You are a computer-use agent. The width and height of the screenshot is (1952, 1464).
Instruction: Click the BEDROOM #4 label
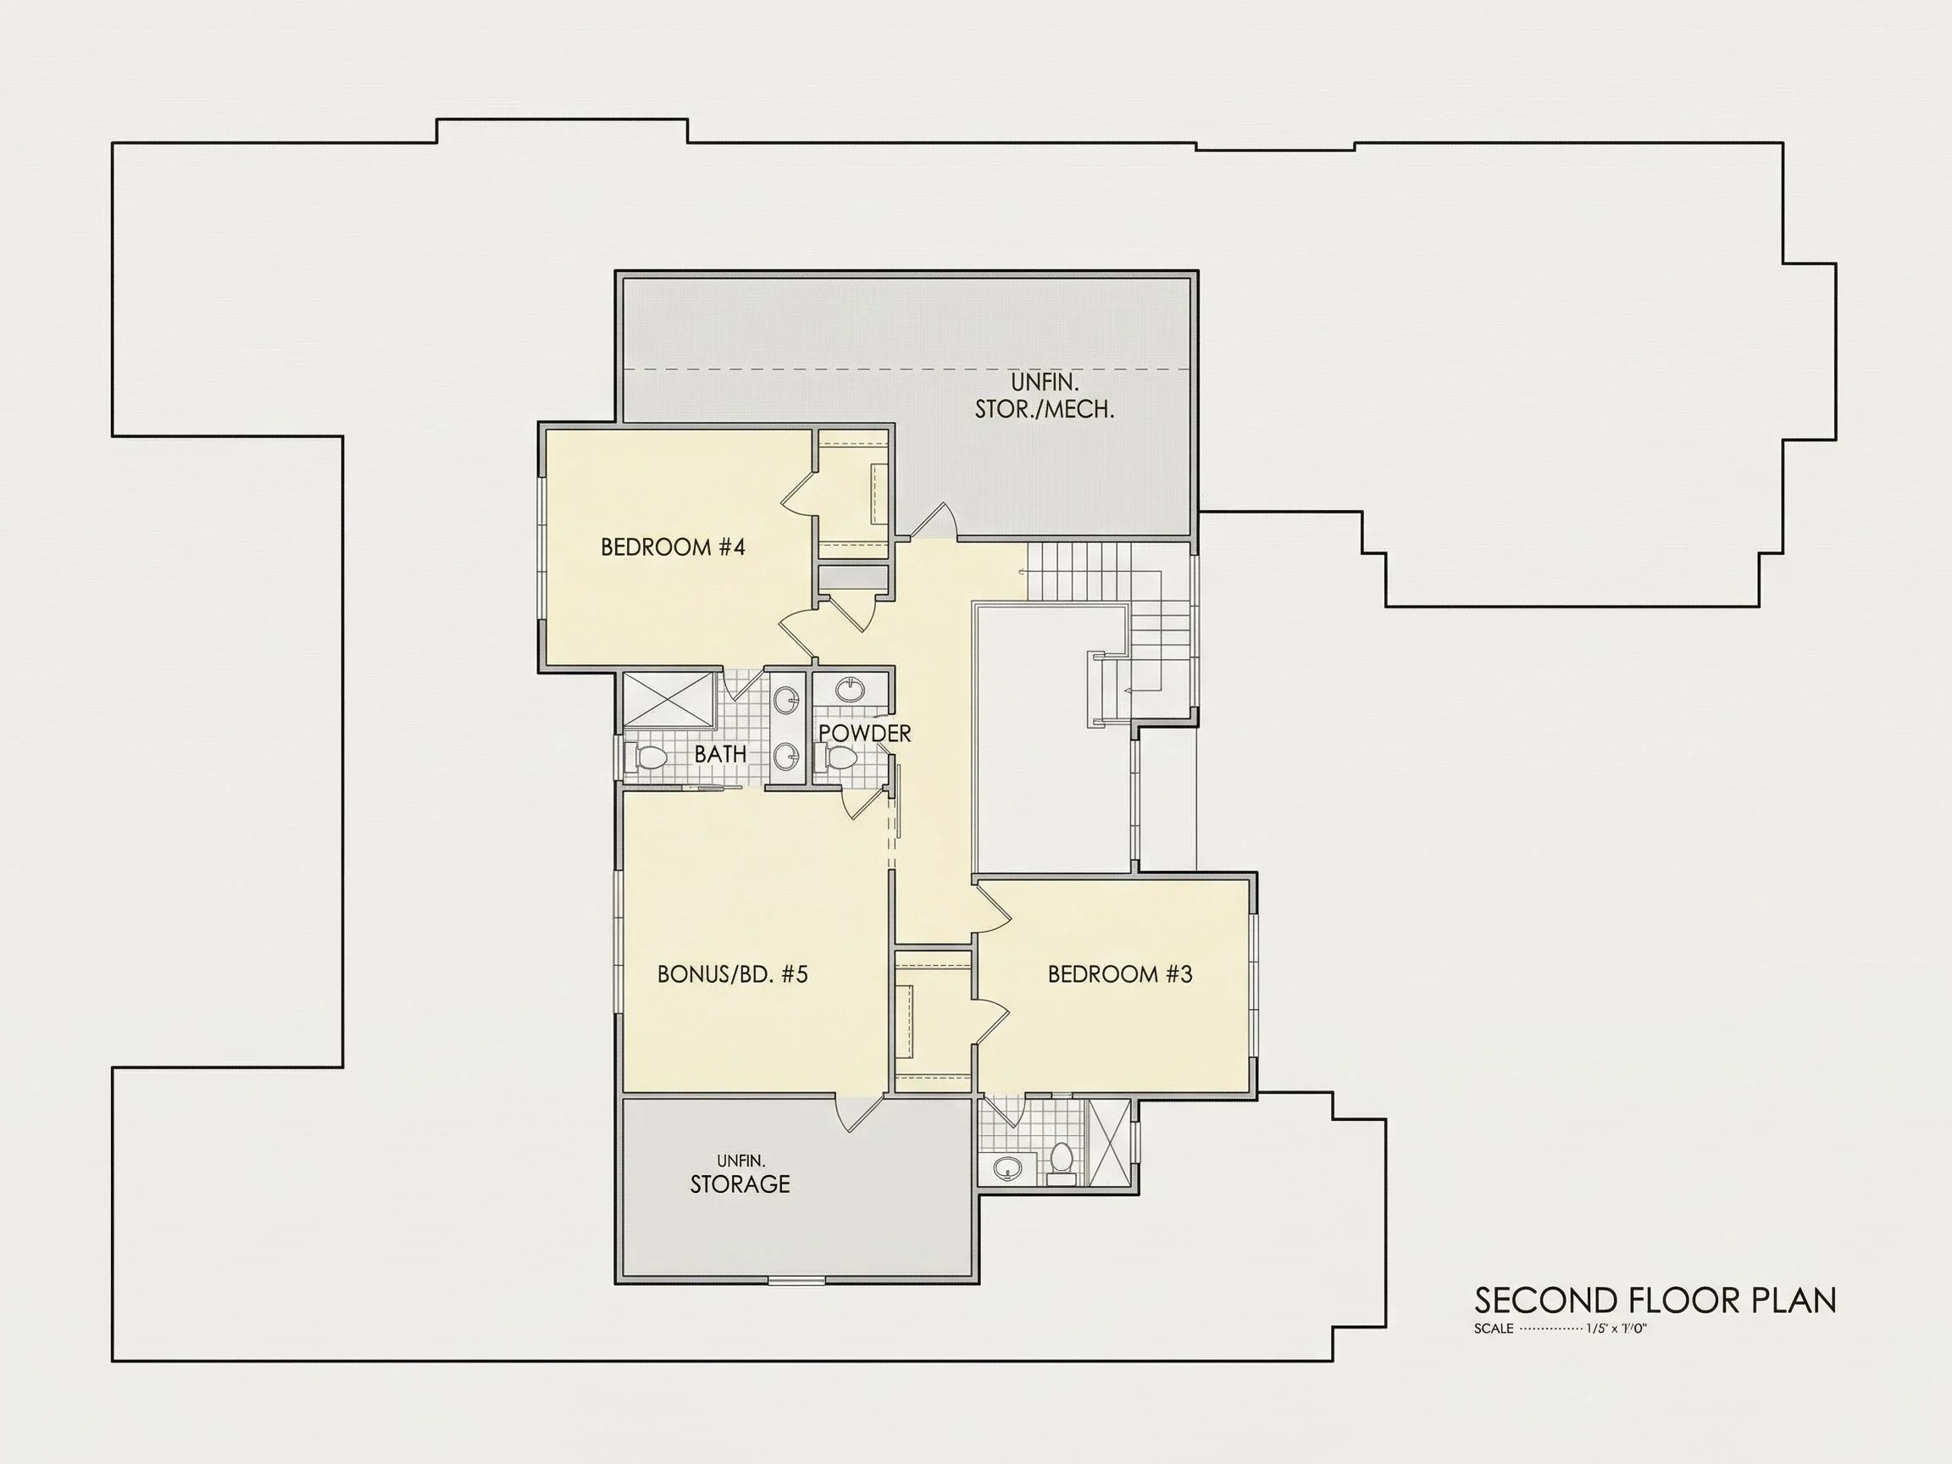click(x=673, y=547)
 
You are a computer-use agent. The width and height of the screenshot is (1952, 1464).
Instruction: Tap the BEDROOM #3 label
click(x=1120, y=974)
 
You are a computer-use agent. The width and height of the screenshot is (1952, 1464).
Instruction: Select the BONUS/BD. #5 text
click(x=733, y=974)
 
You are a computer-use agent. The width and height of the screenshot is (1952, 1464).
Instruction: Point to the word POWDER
click(x=865, y=734)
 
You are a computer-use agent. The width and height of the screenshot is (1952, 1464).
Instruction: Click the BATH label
click(x=720, y=755)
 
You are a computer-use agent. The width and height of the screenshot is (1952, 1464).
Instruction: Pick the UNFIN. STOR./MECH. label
click(x=1044, y=396)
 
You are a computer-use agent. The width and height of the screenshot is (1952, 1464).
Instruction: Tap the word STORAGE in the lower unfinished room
click(x=740, y=1184)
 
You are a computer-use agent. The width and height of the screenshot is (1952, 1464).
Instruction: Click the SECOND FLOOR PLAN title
click(x=1655, y=1300)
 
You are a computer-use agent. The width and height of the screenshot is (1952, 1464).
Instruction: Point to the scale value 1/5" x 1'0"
click(x=1616, y=1329)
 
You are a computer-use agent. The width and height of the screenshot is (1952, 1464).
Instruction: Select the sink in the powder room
click(x=851, y=689)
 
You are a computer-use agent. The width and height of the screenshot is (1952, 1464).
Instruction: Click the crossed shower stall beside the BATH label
click(x=670, y=700)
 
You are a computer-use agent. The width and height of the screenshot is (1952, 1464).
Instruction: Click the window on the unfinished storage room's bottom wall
click(x=796, y=1280)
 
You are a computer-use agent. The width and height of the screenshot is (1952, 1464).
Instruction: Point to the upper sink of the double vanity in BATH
click(x=785, y=701)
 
